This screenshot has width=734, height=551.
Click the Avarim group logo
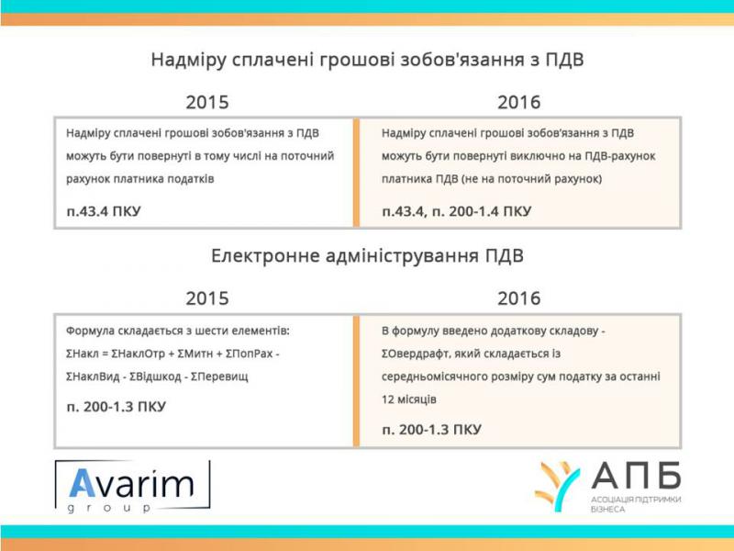(x=132, y=487)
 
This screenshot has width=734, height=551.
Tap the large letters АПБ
(x=636, y=476)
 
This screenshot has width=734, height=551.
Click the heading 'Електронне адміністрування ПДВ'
(x=367, y=256)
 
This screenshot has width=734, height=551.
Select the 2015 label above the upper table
(x=207, y=102)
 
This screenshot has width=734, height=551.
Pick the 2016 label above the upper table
(x=518, y=102)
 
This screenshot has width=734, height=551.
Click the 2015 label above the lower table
(x=207, y=298)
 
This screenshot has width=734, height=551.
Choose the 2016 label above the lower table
(x=518, y=298)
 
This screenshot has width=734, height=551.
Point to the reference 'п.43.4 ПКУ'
(x=104, y=211)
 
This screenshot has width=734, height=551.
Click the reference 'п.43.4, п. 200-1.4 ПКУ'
(x=456, y=211)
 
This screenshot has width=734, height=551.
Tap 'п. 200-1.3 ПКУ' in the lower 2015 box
(x=117, y=407)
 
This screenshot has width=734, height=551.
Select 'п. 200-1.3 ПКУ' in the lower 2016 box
(x=431, y=430)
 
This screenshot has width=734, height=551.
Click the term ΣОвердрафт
(x=415, y=354)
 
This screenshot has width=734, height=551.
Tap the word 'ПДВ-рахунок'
(x=620, y=156)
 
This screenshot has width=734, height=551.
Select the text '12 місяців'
(x=408, y=399)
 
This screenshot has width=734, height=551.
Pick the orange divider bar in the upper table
(x=356, y=173)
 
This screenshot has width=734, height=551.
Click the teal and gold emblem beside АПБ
(x=557, y=487)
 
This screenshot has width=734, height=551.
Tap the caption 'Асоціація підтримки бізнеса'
(x=636, y=504)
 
